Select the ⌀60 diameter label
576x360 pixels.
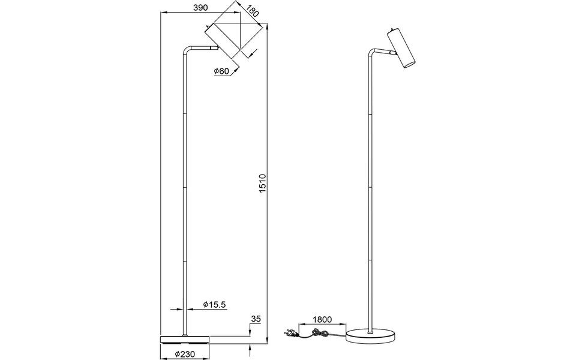click(221, 71)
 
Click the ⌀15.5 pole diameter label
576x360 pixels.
click(214, 305)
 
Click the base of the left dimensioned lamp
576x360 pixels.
click(185, 339)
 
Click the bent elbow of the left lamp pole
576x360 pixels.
click(185, 50)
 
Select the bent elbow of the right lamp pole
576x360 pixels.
click(369, 53)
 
